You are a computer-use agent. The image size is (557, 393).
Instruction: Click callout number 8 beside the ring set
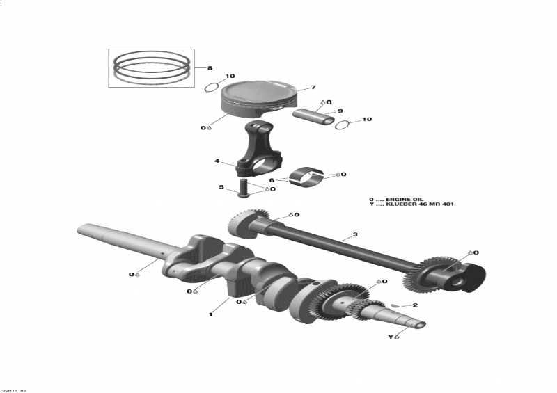[208, 67]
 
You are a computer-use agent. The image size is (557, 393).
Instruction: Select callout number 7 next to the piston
[313, 88]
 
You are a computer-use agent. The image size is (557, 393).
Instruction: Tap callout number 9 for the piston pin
[340, 111]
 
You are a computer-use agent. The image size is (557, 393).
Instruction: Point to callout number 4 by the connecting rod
[217, 161]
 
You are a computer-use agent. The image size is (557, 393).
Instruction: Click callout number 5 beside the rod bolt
[221, 187]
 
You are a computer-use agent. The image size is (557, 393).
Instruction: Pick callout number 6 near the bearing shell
[272, 179]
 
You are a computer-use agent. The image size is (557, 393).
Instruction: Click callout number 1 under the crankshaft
[210, 314]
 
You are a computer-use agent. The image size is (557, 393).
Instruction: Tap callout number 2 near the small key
[415, 305]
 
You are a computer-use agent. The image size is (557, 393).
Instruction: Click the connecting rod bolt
[244, 188]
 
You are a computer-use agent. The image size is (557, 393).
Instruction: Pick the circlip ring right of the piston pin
[342, 125]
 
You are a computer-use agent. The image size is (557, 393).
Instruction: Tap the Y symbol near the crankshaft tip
[391, 337]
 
